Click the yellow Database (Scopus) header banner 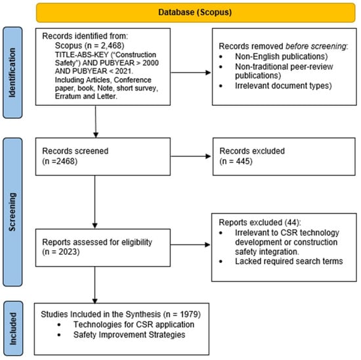tap(196, 12)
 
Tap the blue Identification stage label tap(12, 73)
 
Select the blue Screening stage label tap(12, 212)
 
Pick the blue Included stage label tap(13, 328)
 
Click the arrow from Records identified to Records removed tap(190, 73)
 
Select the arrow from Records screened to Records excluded tap(190, 156)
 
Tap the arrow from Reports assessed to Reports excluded tap(190, 244)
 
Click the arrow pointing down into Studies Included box tap(95, 285)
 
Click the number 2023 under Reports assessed tap(68, 252)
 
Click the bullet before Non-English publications tap(221, 56)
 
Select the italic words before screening tap(316, 46)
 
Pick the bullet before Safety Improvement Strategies tap(59, 335)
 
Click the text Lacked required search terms tap(289, 261)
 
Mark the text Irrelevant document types tap(282, 86)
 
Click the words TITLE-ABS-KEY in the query tap(81, 55)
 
